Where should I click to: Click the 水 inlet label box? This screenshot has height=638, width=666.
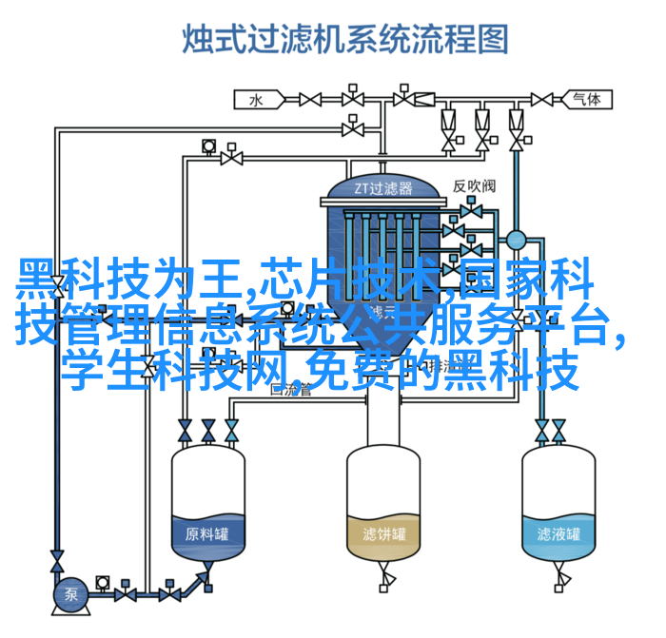256,98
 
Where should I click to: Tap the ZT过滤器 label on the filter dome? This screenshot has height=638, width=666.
383,187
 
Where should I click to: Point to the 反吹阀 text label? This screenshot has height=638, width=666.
473,186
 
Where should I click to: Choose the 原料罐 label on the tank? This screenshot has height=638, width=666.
207,533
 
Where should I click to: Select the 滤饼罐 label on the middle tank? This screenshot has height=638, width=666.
382,533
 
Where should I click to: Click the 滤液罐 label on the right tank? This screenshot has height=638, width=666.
558,533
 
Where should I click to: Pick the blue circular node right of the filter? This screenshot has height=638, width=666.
517,241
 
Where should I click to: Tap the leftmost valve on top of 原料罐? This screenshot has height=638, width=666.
184,433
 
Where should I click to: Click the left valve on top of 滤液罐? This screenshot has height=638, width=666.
540,433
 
